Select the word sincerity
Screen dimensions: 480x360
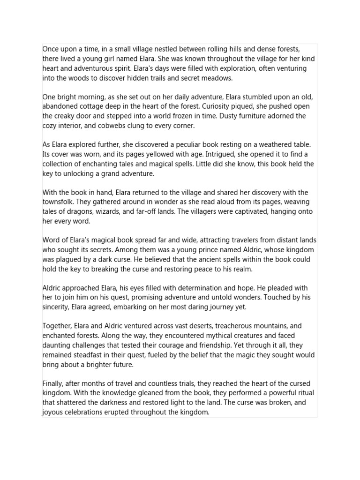click(57, 307)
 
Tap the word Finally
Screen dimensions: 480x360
click(54, 384)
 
